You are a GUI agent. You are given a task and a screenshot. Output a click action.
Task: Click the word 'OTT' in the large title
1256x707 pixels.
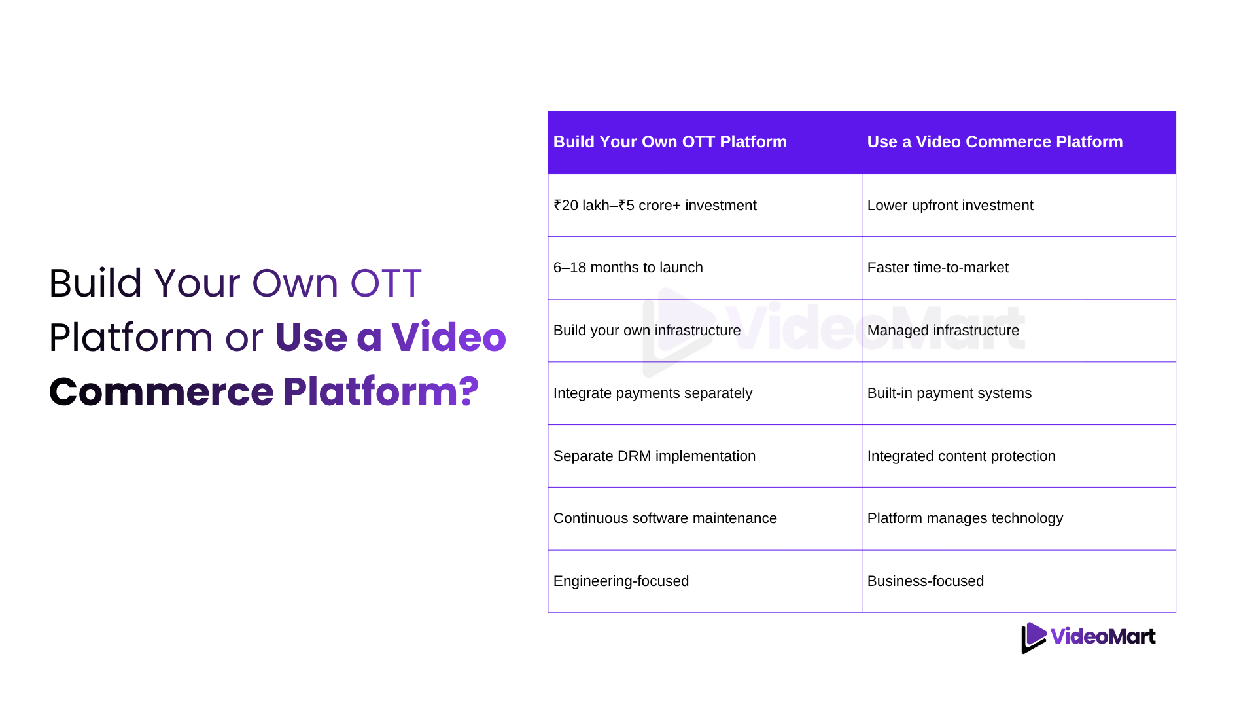click(386, 283)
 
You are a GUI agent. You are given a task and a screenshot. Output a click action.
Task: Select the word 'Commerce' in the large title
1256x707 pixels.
click(162, 391)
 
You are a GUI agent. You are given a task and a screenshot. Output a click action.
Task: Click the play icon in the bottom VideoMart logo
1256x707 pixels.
click(1034, 638)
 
